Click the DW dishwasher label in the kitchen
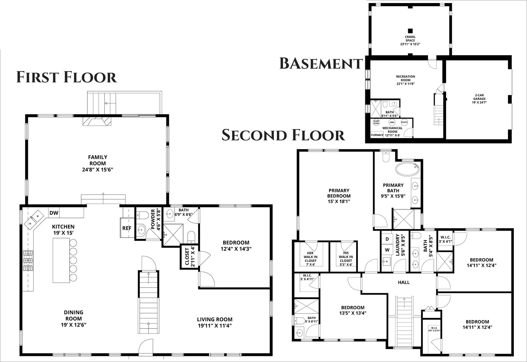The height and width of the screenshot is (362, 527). [x=54, y=213]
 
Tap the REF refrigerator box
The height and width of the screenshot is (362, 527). [x=127, y=228]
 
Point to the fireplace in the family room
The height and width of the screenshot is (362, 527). [x=97, y=121]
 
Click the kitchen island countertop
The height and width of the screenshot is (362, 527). [x=61, y=260]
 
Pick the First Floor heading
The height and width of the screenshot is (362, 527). [x=67, y=77]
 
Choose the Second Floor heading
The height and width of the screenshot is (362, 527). [x=283, y=135]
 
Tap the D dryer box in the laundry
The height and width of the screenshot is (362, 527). [x=387, y=239]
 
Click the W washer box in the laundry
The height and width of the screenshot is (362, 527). [x=387, y=250]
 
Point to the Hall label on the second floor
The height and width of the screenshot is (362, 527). [x=404, y=282]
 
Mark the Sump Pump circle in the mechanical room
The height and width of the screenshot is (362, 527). [x=376, y=122]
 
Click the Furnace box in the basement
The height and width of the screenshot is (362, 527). [x=377, y=135]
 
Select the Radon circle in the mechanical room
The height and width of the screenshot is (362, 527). [x=404, y=122]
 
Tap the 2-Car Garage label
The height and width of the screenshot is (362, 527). [x=479, y=99]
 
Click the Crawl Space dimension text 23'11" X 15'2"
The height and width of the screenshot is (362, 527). [x=410, y=44]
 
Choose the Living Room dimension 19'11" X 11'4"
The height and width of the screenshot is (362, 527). [x=215, y=326]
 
